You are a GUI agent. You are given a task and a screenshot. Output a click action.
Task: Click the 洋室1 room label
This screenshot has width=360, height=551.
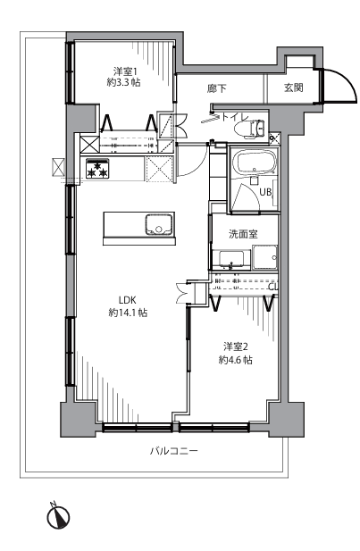[x=125, y=71]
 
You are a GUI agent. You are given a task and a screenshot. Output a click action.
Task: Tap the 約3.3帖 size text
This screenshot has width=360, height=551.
[x=124, y=83]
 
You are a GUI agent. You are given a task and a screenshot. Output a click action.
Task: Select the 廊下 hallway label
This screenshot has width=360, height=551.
[x=216, y=88]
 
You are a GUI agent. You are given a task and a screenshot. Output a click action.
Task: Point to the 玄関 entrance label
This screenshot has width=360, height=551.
[x=294, y=88]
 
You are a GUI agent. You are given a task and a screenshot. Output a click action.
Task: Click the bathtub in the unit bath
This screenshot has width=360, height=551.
[x=254, y=162]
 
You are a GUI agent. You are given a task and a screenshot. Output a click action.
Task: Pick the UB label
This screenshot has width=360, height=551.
[x=265, y=192]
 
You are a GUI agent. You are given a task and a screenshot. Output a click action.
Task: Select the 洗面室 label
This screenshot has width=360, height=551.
[x=243, y=234]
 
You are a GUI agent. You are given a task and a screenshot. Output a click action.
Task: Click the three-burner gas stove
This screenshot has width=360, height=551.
[x=97, y=169]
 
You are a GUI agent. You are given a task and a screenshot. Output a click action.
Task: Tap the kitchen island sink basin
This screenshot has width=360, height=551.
[x=159, y=225]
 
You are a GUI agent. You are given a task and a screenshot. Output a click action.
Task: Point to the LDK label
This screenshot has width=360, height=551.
[x=127, y=300]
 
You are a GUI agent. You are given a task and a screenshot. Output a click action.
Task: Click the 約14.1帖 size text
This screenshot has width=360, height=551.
[x=128, y=313]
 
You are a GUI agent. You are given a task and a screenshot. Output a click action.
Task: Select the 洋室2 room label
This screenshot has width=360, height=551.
[x=236, y=347]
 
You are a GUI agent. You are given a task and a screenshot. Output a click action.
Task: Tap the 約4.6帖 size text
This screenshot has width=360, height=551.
[x=235, y=360]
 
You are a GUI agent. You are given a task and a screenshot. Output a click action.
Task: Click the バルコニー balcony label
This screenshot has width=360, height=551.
[x=174, y=450]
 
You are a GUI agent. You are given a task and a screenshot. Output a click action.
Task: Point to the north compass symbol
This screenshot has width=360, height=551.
[x=58, y=516]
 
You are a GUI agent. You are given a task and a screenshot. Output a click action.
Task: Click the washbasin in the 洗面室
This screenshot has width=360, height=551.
[x=231, y=260]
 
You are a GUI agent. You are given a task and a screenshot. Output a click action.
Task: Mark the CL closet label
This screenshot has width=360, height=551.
[x=273, y=287]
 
